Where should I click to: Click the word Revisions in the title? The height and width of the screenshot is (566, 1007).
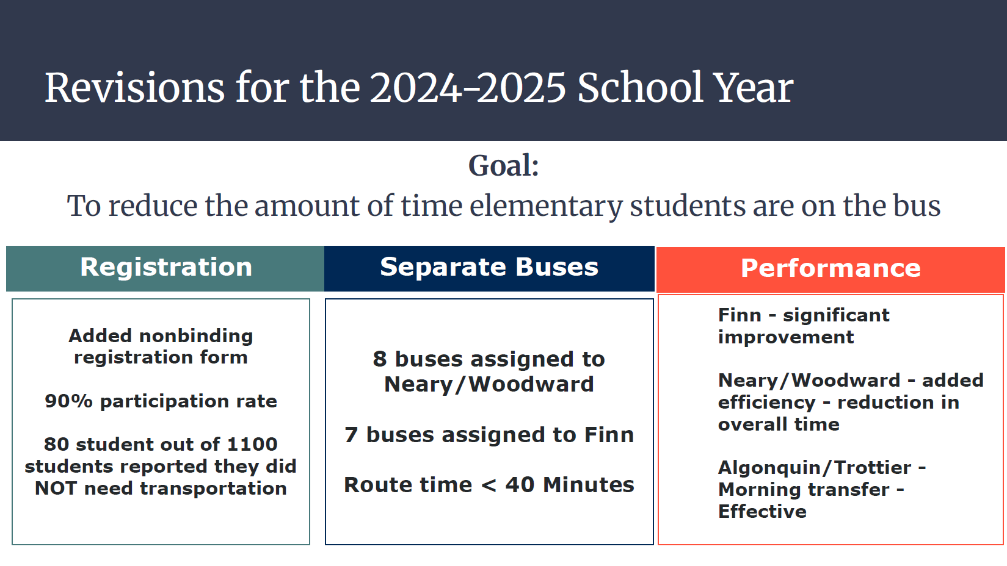tap(134, 88)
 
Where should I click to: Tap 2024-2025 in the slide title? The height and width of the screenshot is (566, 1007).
tap(468, 88)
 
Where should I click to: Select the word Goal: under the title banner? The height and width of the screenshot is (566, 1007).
tap(503, 166)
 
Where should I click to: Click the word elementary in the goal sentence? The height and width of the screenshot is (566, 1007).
tap(546, 207)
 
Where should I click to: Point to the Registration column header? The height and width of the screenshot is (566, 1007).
tap(166, 268)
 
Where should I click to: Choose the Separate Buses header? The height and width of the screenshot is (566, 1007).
tap(489, 268)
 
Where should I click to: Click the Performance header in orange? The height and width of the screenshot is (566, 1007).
tap(831, 268)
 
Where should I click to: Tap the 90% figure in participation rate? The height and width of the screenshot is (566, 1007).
tap(69, 401)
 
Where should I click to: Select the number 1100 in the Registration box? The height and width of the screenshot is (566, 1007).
tap(252, 445)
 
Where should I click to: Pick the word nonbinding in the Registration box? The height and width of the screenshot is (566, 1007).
tap(196, 336)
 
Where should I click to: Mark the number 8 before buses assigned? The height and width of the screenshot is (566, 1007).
tap(380, 359)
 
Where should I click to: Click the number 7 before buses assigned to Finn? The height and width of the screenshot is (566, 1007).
tap(351, 435)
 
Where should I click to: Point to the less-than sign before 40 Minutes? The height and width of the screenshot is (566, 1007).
tap(489, 485)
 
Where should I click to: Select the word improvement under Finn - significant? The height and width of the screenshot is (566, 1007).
tap(786, 337)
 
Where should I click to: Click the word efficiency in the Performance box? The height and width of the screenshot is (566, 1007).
tap(766, 403)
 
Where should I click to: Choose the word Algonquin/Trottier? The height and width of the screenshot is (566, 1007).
tap(815, 468)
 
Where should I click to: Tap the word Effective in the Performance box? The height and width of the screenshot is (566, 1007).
tap(763, 512)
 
